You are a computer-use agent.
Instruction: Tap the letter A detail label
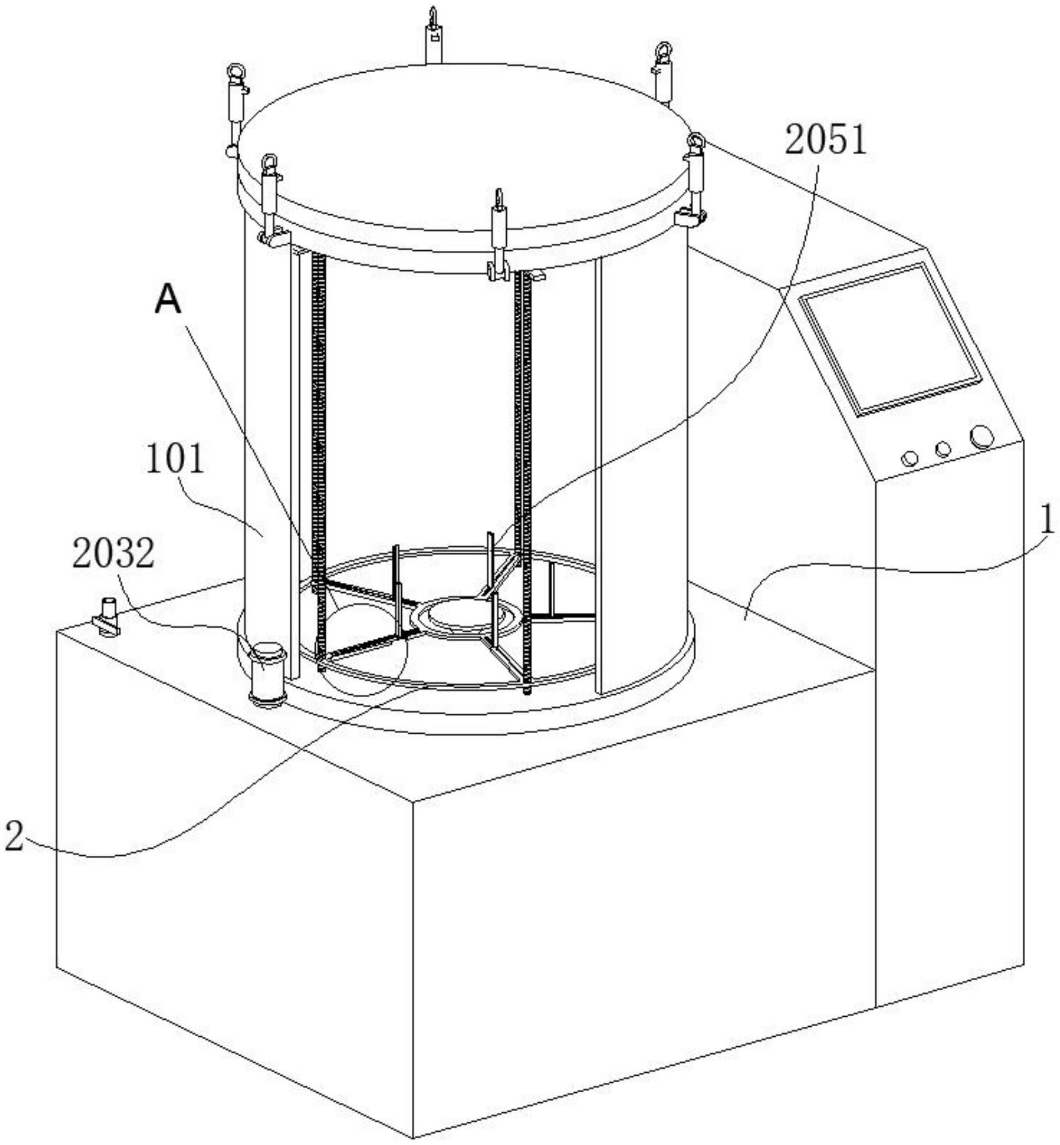pos(168,301)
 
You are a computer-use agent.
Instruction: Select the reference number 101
pos(175,461)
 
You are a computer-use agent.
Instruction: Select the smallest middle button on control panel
pos(942,449)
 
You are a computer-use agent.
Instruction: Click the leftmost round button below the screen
pos(910,458)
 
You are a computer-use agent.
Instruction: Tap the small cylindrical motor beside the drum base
pos(268,674)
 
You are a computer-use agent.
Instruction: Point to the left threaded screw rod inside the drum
pos(320,459)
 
